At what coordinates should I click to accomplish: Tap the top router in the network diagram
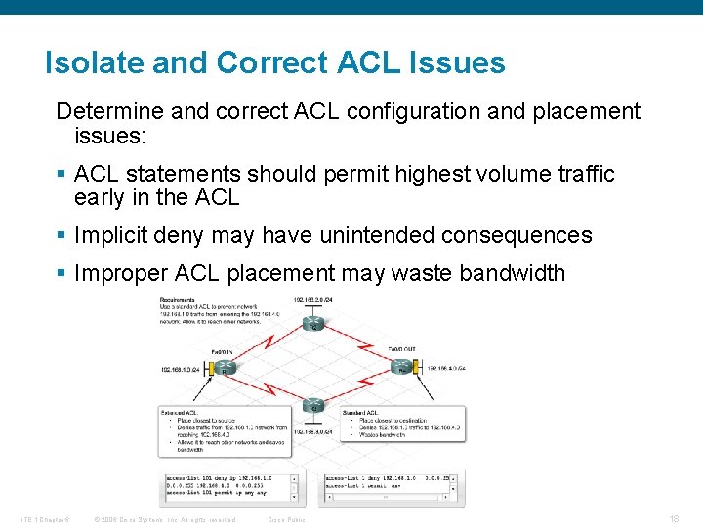tap(312, 322)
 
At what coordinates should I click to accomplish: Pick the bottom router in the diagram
tap(312, 407)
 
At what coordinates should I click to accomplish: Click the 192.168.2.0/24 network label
tap(313, 299)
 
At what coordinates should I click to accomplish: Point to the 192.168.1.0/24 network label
tap(180, 370)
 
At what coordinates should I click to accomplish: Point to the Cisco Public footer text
tap(286, 520)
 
